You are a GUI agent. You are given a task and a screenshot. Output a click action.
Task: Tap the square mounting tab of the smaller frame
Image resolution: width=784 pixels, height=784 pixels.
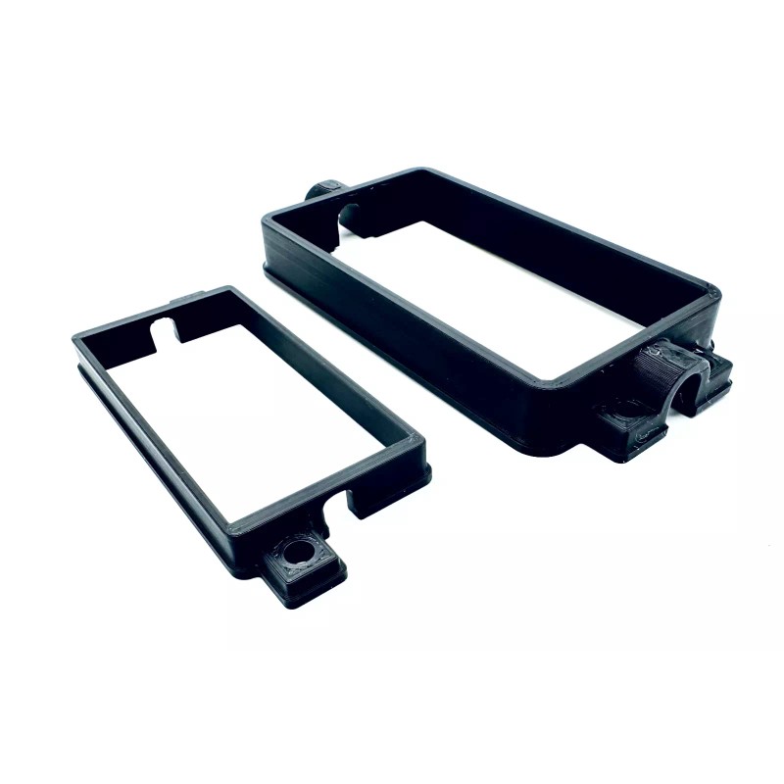[x=302, y=566]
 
